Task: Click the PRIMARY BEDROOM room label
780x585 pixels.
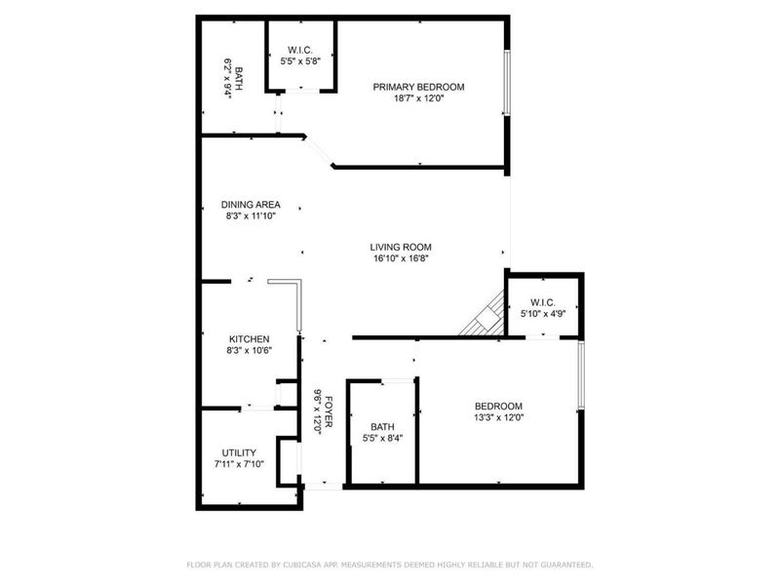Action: click(418, 87)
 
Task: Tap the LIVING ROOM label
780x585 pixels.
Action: click(400, 247)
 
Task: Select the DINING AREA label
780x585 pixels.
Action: click(250, 204)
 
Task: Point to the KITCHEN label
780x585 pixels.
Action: click(249, 338)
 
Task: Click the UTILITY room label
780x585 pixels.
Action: click(238, 452)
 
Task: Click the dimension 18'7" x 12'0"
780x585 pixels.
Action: click(418, 99)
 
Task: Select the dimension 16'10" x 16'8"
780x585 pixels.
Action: click(400, 259)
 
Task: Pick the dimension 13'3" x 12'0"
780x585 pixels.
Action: click(498, 419)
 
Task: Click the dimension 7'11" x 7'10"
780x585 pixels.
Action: click(238, 465)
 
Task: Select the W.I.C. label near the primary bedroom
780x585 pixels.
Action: click(299, 51)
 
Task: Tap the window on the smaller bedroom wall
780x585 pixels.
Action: click(581, 375)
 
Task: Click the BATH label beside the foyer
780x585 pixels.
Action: click(382, 427)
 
